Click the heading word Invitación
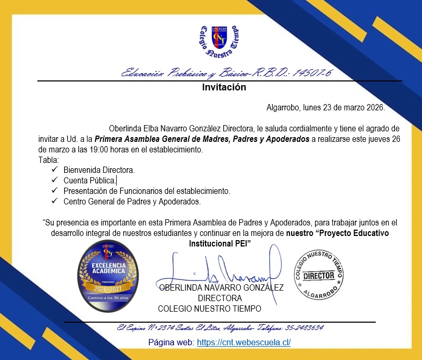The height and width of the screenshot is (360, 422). coord(224,88)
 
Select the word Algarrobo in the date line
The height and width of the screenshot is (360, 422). coord(283,108)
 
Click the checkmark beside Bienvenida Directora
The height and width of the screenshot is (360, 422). coord(54,170)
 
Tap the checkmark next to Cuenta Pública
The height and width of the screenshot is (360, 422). coord(54,180)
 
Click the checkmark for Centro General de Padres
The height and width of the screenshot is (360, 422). coord(54,201)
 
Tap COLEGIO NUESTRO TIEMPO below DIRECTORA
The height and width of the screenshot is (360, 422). coord(209,308)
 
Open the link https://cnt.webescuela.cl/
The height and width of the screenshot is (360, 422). coord(243,343)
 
